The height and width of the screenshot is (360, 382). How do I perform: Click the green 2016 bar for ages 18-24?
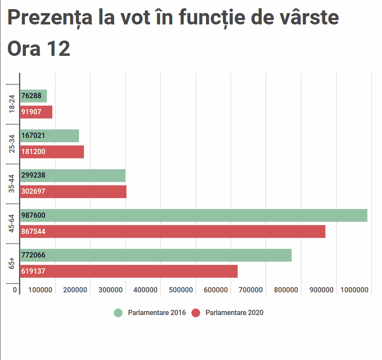tap(34, 96)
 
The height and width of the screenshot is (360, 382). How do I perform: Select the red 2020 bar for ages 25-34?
tap(52, 152)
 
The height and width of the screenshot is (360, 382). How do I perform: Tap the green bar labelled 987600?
tap(194, 216)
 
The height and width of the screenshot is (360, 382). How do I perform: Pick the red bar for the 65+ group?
tap(129, 271)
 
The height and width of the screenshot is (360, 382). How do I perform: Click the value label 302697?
tap(33, 192)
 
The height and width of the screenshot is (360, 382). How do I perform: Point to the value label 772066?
tap(33, 255)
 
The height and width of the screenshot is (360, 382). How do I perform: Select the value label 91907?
tap(31, 112)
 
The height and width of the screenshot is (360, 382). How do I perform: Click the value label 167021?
tap(33, 136)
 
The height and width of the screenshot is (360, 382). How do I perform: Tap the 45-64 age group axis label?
tap(12, 223)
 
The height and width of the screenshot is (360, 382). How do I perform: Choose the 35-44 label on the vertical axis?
tap(12, 184)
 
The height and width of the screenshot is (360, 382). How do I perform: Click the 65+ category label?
tap(12, 263)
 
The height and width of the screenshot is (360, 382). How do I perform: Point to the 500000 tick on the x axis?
tap(181, 290)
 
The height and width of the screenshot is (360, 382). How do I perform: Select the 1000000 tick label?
tap(355, 290)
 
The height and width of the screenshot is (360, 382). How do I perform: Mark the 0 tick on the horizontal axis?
tap(15, 290)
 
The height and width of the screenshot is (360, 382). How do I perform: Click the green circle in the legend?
tap(118, 313)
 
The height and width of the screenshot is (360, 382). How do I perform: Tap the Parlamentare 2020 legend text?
tap(234, 313)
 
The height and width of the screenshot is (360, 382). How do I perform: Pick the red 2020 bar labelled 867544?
tap(173, 231)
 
